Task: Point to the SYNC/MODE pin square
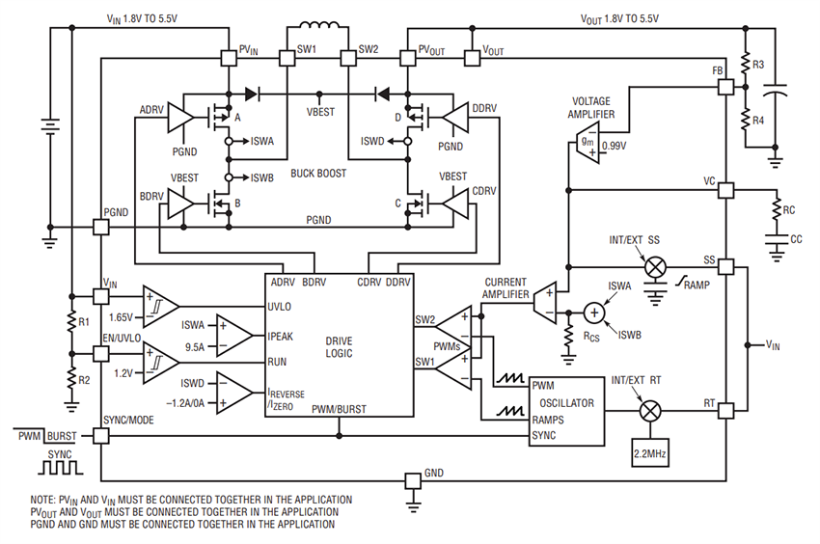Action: pyautogui.click(x=101, y=436)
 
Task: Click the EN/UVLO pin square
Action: pyautogui.click(x=101, y=353)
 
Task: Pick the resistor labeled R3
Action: pyautogui.click(x=745, y=65)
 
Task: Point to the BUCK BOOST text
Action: pyautogui.click(x=317, y=174)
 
